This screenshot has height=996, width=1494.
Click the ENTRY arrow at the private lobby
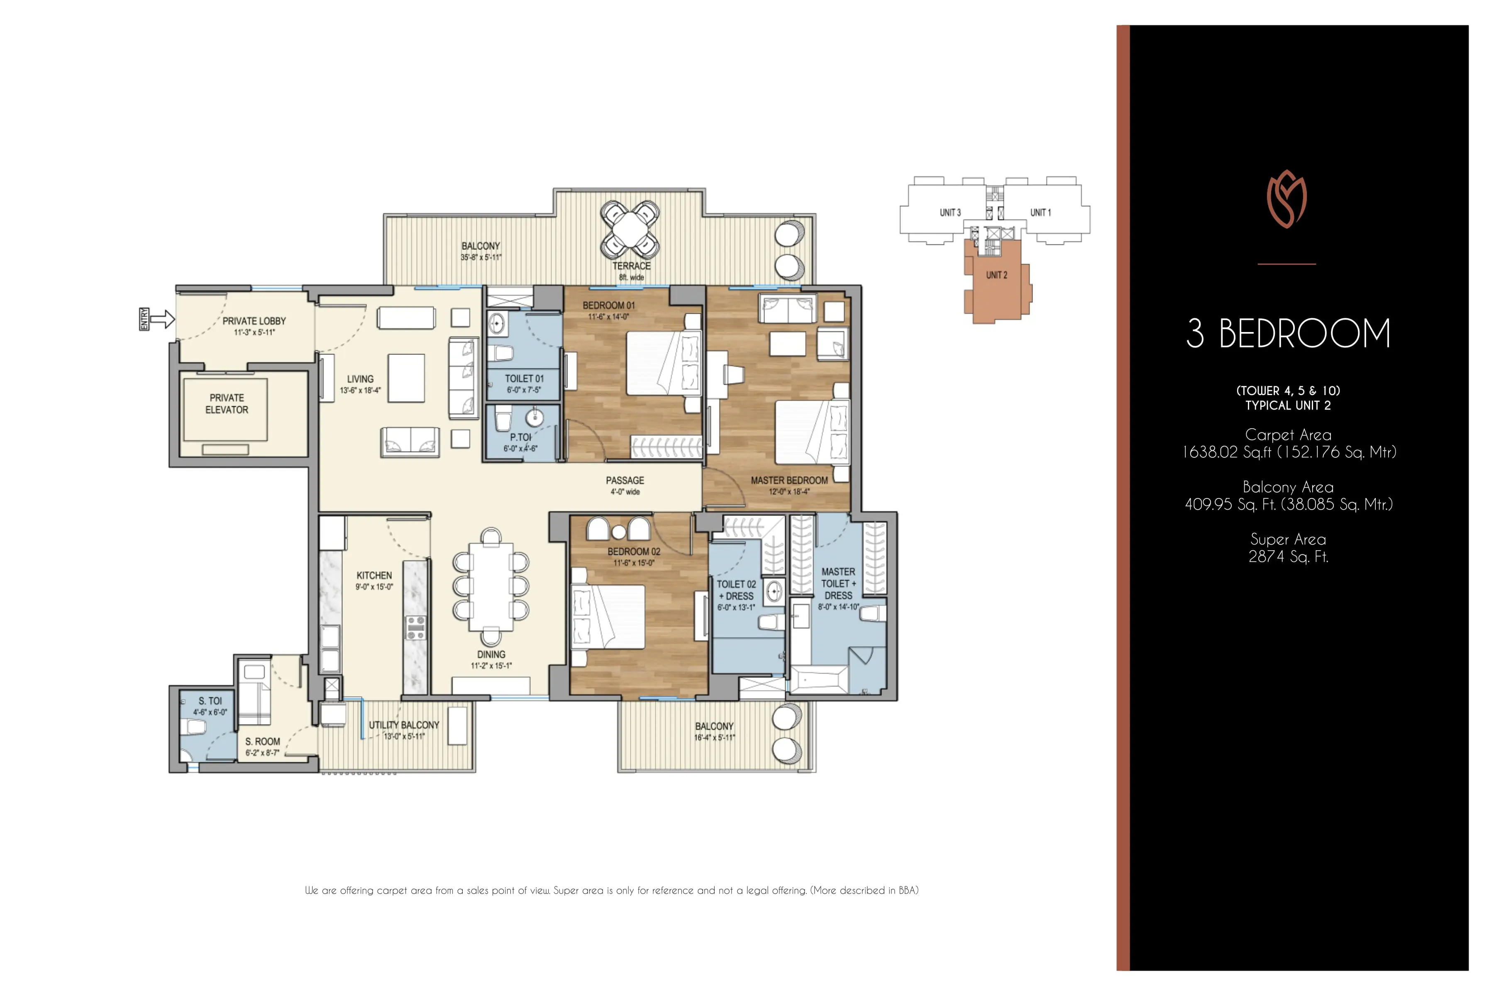pos(163,318)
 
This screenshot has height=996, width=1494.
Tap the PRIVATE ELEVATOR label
pos(227,404)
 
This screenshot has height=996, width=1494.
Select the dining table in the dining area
pos(491,586)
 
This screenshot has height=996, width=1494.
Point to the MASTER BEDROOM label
pos(789,480)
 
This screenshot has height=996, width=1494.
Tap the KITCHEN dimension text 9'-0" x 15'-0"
pos(374,587)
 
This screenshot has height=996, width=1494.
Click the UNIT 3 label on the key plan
pos(950,212)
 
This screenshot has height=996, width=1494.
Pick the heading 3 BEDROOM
pos(1288,334)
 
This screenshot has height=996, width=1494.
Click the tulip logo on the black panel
pos(1286,199)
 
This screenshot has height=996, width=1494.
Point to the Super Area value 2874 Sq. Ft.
pos(1288,557)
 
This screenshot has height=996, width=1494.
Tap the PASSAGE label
pos(625,480)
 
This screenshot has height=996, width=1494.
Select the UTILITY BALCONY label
pos(404,725)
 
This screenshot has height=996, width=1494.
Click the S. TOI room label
pos(210,701)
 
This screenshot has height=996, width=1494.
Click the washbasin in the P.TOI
pos(535,417)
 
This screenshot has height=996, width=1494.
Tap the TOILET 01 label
pos(524,378)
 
